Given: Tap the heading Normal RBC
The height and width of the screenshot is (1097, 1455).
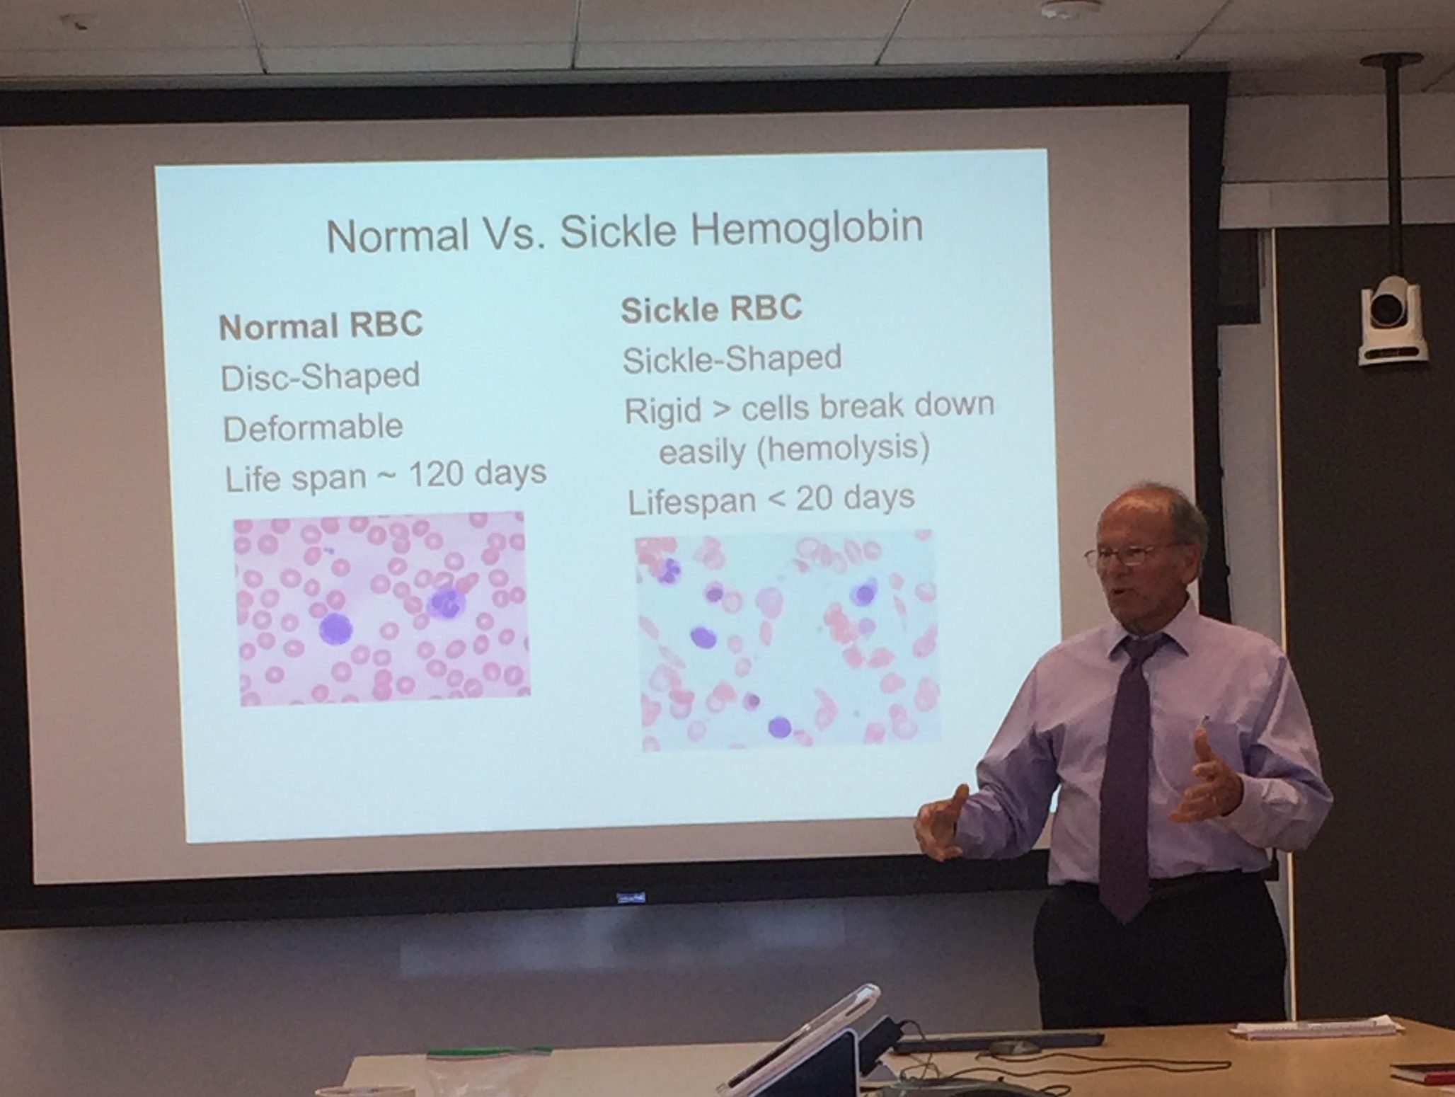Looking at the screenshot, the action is (x=321, y=326).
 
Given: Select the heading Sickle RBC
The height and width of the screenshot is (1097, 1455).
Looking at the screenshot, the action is (x=711, y=309).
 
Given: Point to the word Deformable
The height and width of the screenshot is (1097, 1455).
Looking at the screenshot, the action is (x=313, y=427).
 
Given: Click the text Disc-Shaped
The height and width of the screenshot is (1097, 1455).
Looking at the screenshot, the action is (x=321, y=377).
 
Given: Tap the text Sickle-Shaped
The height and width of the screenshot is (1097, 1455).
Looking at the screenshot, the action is (x=732, y=359).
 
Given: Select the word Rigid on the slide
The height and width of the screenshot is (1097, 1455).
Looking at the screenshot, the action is (x=662, y=410).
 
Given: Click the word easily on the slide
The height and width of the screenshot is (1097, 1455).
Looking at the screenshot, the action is (x=702, y=452).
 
